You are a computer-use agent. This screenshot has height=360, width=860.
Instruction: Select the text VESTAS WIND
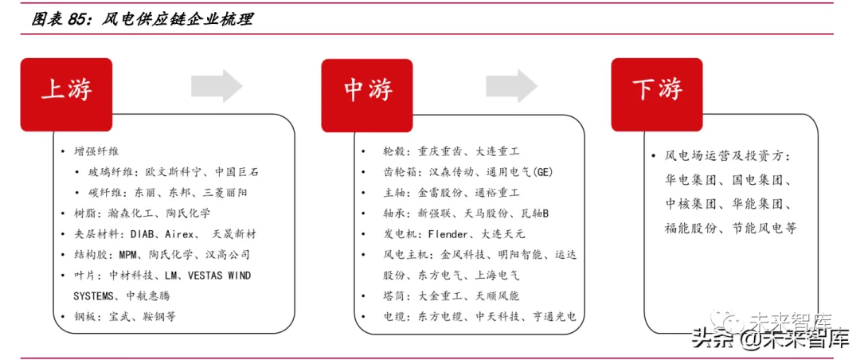(x=219, y=276)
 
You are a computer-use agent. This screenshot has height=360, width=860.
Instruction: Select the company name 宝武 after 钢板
(x=121, y=317)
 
